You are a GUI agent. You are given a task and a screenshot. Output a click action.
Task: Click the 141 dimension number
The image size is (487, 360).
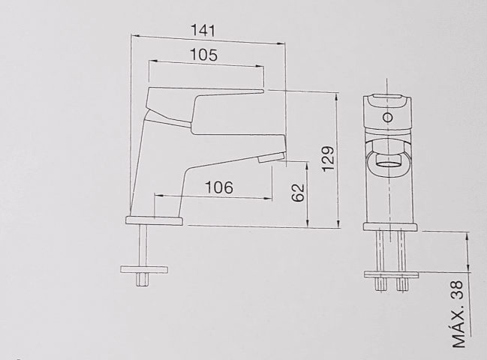[x=203, y=31]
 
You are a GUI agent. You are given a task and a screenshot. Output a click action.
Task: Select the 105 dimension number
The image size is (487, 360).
[x=204, y=55]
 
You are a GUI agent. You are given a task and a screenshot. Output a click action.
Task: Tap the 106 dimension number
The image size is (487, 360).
[x=219, y=187]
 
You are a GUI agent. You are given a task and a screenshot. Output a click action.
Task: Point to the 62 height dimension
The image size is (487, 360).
[x=299, y=193]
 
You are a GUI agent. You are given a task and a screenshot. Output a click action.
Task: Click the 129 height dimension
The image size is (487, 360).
[x=328, y=158]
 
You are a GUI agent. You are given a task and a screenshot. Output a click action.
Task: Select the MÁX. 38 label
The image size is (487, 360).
[x=458, y=314]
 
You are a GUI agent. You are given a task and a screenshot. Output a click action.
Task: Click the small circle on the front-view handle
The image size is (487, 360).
[x=388, y=118]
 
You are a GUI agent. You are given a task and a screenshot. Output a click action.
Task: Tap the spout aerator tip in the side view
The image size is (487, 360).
[x=271, y=157]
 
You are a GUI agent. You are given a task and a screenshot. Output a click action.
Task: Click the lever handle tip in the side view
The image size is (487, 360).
[x=262, y=91]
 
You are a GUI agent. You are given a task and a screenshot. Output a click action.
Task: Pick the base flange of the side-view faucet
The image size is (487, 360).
[x=155, y=220]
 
